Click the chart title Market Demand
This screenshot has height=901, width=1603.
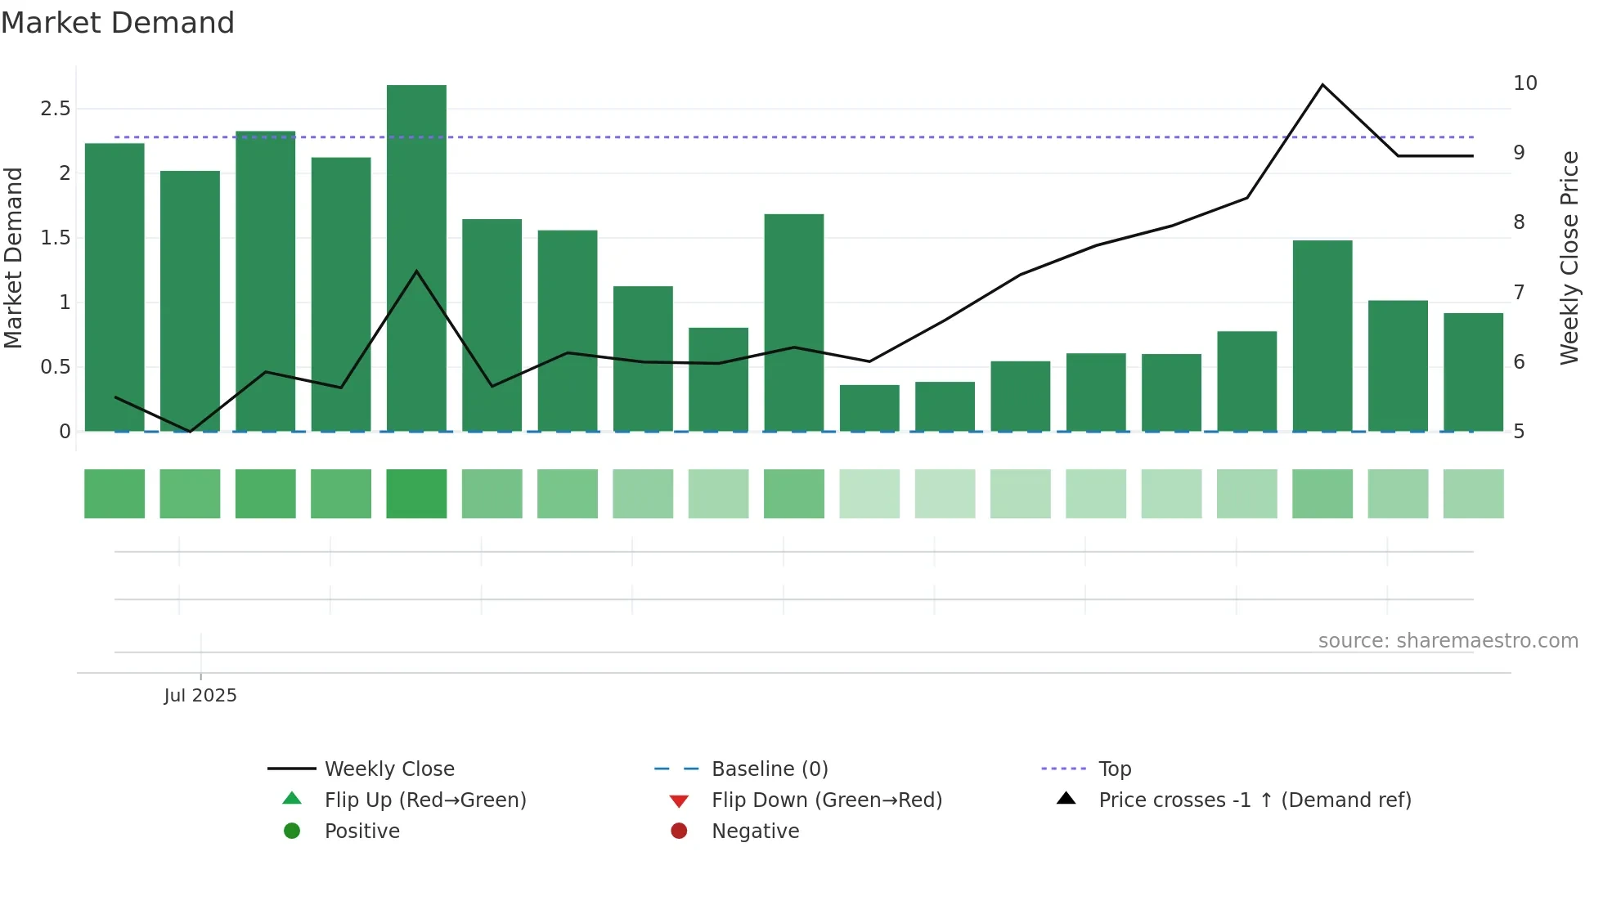point(118,22)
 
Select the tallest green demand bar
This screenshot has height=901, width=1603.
point(416,258)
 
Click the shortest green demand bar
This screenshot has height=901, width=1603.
point(869,407)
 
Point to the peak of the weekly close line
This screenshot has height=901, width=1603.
point(1322,85)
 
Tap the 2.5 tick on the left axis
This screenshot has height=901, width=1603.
point(56,109)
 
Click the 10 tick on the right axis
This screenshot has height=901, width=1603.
point(1524,83)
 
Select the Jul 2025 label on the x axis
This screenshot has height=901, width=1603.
point(200,695)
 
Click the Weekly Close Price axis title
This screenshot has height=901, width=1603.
point(1569,258)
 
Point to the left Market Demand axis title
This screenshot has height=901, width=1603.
point(14,258)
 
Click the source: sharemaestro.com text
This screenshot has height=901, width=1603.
point(1448,640)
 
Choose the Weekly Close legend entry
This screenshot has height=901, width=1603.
point(389,769)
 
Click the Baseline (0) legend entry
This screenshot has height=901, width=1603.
point(770,769)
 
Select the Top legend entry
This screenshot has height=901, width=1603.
point(1114,769)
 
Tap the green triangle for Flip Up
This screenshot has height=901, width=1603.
point(292,799)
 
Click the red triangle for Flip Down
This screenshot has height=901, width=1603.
point(679,800)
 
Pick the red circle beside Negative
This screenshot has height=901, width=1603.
point(679,831)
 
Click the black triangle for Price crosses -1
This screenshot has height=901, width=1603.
point(1066,799)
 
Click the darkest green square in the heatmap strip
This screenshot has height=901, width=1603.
point(416,494)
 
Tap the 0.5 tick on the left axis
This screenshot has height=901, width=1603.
point(56,367)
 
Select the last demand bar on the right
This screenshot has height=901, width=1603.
point(1473,372)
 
